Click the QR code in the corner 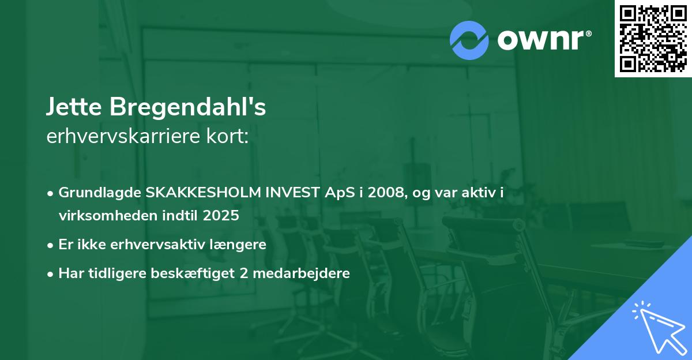pos(653,38)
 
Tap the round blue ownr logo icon pos(469,40)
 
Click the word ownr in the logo pos(540,40)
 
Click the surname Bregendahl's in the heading pos(185,107)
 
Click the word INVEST pos(292,193)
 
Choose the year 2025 pos(220,216)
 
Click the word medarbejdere pos(300,273)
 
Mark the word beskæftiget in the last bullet pos(197,273)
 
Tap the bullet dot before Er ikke pos(51,245)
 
